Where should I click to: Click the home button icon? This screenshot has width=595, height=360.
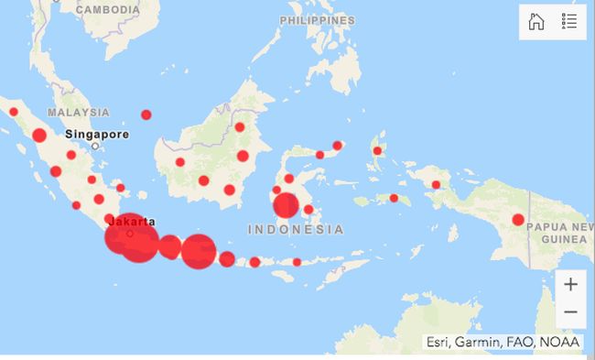pyautogui.click(x=536, y=22)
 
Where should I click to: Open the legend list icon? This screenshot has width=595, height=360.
pyautogui.click(x=569, y=22)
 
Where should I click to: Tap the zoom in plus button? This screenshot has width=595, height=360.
pyautogui.click(x=570, y=284)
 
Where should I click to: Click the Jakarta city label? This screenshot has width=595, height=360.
pyautogui.click(x=131, y=221)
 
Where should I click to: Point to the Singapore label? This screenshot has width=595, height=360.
pyautogui.click(x=97, y=134)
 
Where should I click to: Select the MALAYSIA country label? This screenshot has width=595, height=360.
pyautogui.click(x=79, y=112)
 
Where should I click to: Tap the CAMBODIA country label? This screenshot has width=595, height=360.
pyautogui.click(x=108, y=9)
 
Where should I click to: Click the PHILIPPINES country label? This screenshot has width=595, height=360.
pyautogui.click(x=318, y=20)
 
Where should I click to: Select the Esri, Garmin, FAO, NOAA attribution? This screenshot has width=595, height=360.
pyautogui.click(x=502, y=343)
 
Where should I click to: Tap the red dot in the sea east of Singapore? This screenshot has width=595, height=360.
pyautogui.click(x=146, y=115)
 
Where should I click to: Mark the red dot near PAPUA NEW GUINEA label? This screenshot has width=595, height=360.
pyautogui.click(x=518, y=220)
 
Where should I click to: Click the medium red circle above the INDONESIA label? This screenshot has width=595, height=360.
pyautogui.click(x=287, y=205)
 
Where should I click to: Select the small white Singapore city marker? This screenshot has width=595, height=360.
pyautogui.click(x=94, y=146)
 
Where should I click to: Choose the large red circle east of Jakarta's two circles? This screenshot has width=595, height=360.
pyautogui.click(x=198, y=250)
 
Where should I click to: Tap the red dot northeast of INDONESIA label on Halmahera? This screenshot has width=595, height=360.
pyautogui.click(x=377, y=151)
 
